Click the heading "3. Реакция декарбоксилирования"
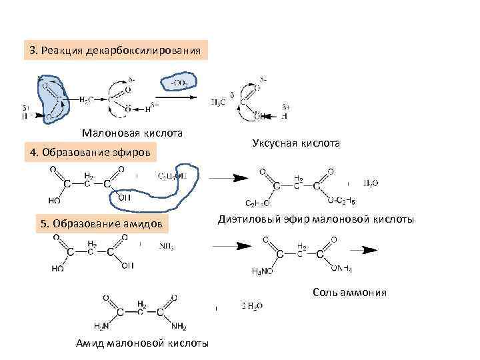115,51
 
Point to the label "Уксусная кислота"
296,143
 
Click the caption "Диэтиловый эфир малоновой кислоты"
315,219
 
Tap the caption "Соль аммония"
349,293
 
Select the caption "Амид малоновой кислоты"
142,343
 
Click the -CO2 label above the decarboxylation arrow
179,83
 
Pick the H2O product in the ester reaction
371,183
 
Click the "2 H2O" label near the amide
251,306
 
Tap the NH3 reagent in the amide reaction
167,247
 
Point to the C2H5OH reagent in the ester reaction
173,176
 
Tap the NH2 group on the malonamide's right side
179,326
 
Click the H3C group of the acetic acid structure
218,102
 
